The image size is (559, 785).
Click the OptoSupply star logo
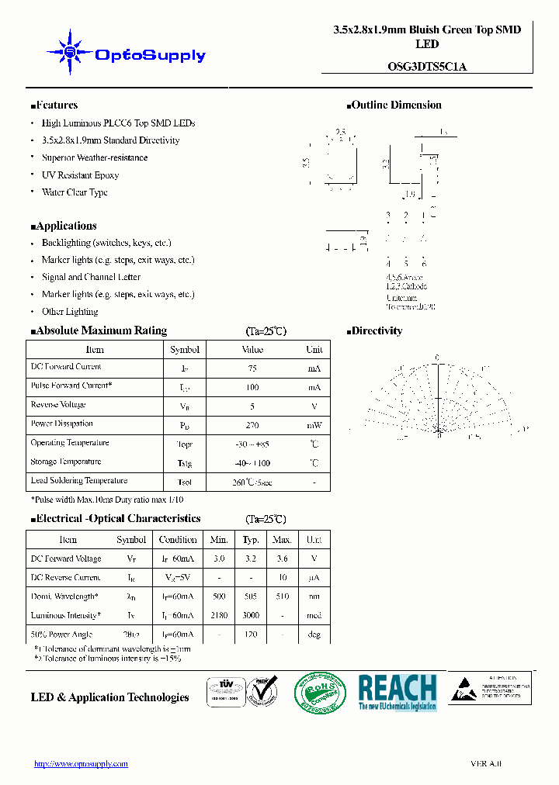click(x=70, y=52)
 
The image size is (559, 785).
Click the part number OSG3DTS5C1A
click(x=426, y=67)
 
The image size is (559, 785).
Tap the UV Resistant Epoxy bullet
click(x=80, y=175)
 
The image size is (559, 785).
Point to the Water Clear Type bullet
click(x=75, y=192)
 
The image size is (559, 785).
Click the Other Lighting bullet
click(x=70, y=312)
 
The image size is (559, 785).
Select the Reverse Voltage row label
click(x=58, y=405)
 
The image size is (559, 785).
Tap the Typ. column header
click(x=251, y=540)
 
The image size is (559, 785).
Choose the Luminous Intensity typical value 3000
click(x=251, y=616)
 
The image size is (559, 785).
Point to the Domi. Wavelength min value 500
click(x=219, y=597)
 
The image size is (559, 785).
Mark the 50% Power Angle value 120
click(x=251, y=635)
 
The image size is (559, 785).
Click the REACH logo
click(x=397, y=692)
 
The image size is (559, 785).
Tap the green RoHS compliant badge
click(x=320, y=692)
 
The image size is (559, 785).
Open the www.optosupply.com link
click(x=81, y=764)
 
